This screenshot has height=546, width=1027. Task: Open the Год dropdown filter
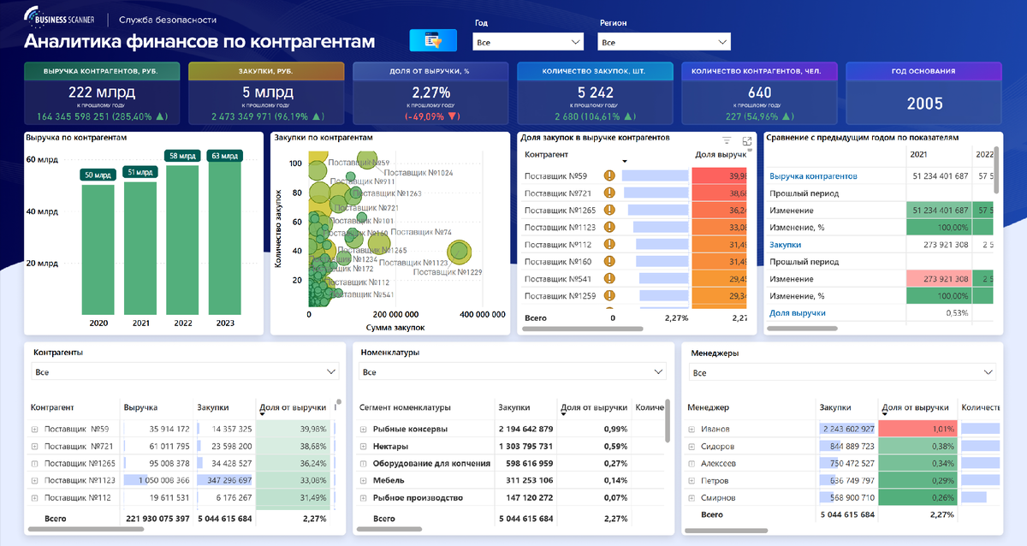(527, 41)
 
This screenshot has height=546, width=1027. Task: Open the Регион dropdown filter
(663, 41)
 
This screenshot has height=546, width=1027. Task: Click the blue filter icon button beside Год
(434, 40)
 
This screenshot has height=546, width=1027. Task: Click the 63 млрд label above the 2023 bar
(227, 156)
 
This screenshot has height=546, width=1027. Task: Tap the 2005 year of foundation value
(924, 104)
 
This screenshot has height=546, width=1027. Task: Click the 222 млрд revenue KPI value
(102, 92)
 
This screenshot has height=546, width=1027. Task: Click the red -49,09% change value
(430, 116)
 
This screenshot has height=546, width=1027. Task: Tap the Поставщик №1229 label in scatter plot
(448, 272)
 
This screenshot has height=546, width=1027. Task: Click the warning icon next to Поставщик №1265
(610, 210)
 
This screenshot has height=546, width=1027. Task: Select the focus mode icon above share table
(747, 140)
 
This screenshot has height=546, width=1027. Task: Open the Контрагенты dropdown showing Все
(185, 372)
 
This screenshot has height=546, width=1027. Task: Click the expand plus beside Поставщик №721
(35, 447)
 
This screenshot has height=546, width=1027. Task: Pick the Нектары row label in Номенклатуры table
(390, 447)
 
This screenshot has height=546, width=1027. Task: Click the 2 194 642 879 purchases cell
(525, 429)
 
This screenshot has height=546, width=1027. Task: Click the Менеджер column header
(707, 408)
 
